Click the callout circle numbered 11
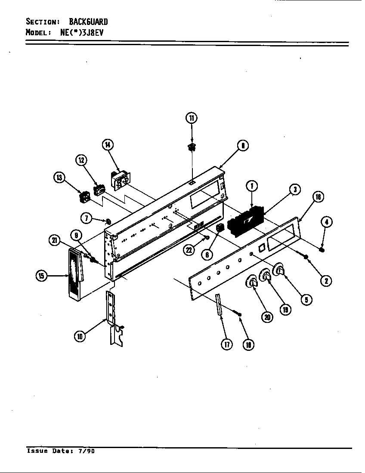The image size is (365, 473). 191,118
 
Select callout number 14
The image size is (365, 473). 108,145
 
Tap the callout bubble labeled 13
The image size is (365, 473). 59,177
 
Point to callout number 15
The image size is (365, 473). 41,276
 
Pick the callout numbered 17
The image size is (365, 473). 227,344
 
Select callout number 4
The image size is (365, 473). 327,222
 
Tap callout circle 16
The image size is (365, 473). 318,197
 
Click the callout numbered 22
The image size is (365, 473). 189,251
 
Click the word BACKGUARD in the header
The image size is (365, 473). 88,21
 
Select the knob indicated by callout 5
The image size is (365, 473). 280,269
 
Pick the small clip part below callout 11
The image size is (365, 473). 192,147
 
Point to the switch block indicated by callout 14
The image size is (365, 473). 121,179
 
